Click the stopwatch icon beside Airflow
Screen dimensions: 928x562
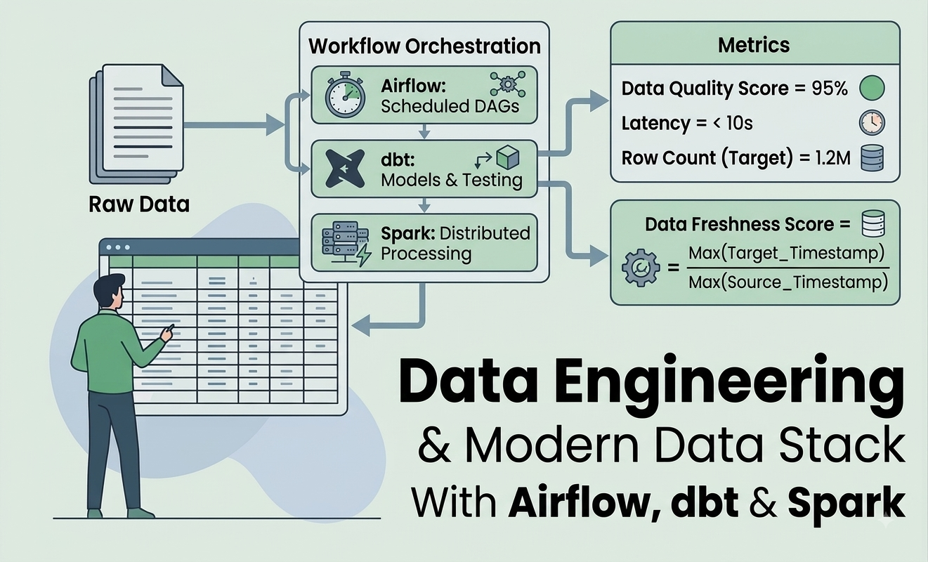coord(345,96)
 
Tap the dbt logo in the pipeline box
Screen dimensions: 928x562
coord(345,169)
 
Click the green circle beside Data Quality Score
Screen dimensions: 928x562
coord(872,89)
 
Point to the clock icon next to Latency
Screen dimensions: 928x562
coord(872,123)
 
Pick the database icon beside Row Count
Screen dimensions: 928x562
coord(872,158)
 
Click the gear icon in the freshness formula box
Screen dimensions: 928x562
coord(641,267)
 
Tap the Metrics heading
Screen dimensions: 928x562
coord(754,45)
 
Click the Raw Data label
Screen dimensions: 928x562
coord(139,204)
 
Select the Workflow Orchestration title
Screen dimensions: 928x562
coord(424,46)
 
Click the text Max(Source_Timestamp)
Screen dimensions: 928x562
coord(788,282)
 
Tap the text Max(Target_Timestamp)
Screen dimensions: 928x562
coord(786,253)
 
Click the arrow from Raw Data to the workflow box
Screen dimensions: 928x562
coord(234,124)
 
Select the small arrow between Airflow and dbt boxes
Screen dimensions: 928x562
coord(424,131)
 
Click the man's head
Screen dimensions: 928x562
coord(109,291)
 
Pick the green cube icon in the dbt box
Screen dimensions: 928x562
coord(507,157)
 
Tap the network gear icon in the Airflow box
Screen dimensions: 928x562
coord(507,84)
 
